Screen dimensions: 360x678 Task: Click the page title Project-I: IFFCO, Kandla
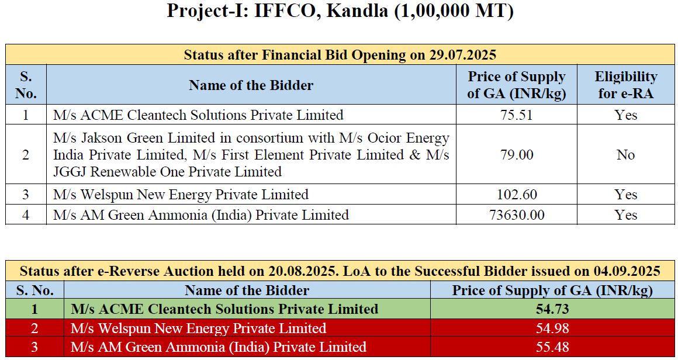tap(340, 11)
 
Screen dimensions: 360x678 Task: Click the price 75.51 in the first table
tap(516, 115)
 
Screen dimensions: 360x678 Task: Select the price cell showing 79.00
tap(516, 155)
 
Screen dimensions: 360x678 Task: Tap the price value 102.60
tap(516, 195)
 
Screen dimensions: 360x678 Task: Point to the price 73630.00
tap(516, 215)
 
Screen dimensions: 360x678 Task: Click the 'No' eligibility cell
tap(625, 155)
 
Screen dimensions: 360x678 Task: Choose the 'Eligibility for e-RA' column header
tap(625, 85)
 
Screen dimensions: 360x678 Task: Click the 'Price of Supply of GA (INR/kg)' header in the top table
tap(516, 85)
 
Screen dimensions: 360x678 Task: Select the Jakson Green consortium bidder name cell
tap(251, 155)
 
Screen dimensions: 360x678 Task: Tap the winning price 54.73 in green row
tap(552, 309)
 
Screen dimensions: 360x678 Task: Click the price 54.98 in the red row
tap(552, 328)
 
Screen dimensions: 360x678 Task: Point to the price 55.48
tap(552, 347)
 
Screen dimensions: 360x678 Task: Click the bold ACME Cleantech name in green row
tap(224, 309)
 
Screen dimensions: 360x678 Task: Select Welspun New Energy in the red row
tap(198, 328)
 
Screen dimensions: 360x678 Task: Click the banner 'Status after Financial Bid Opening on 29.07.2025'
tap(340, 55)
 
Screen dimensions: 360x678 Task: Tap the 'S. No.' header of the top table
tap(26, 85)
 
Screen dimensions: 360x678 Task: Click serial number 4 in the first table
tap(26, 215)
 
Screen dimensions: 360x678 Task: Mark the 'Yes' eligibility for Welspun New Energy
tap(625, 195)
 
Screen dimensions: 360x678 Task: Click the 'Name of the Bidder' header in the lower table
tap(247, 290)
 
